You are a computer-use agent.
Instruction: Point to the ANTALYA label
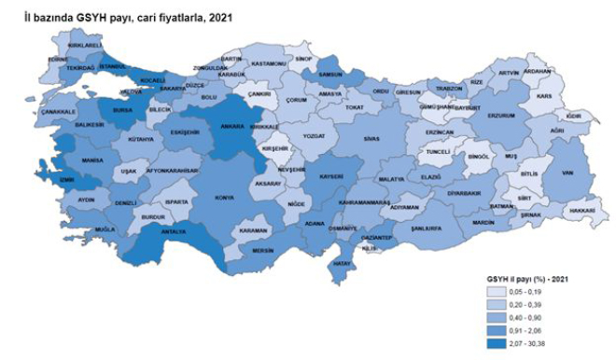click(x=174, y=231)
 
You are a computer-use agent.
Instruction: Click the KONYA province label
click(x=225, y=197)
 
